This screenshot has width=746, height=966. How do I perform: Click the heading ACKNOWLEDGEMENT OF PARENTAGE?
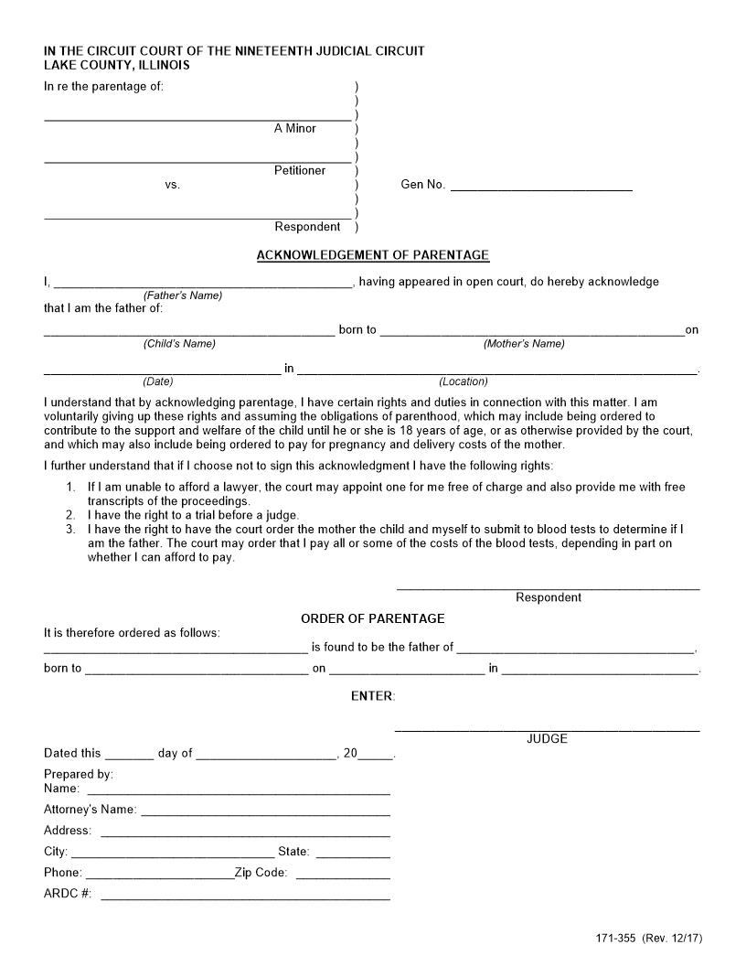point(372,255)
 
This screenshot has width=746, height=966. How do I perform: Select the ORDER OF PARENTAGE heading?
point(372,618)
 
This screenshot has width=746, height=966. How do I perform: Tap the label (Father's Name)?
point(182,295)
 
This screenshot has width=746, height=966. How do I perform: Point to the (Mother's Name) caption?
point(524,344)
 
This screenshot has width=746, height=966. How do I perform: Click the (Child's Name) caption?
point(178,344)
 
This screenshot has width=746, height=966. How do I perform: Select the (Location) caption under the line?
point(464,381)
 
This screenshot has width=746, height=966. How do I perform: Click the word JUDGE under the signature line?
point(547,739)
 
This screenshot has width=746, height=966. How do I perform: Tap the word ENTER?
point(372,696)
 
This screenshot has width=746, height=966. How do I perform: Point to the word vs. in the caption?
point(173,185)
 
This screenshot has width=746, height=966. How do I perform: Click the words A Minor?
point(294,129)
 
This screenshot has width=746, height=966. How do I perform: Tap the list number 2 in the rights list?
point(70,515)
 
